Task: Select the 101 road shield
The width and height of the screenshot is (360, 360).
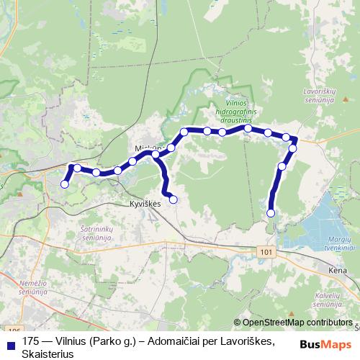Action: pyautogui.click(x=268, y=251)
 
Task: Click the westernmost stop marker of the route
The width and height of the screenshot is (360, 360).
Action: pyautogui.click(x=65, y=184)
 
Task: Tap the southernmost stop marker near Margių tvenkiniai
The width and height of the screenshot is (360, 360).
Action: pyautogui.click(x=271, y=212)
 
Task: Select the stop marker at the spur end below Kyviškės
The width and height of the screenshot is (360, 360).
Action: pyautogui.click(x=173, y=199)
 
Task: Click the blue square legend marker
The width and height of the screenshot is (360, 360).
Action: pyautogui.click(x=10, y=342)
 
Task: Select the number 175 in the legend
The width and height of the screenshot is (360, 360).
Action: pyautogui.click(x=31, y=341)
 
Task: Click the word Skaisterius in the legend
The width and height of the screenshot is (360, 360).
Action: pyautogui.click(x=48, y=354)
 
